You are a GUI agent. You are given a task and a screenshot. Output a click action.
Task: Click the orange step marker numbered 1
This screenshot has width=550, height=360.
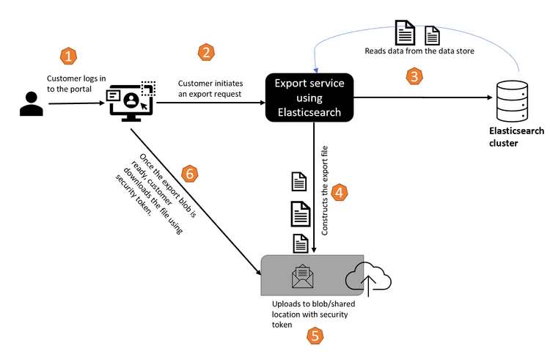(68, 56)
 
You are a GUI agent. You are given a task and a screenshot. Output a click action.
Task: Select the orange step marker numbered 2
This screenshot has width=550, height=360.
(208, 52)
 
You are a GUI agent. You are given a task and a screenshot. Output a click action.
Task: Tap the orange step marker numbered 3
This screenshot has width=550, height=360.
(415, 76)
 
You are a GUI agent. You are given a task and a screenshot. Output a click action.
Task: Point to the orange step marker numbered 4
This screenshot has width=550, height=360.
(340, 193)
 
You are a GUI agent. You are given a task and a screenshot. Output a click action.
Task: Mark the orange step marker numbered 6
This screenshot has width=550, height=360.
(189, 174)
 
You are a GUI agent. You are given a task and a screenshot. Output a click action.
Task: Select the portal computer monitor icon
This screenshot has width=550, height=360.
(131, 102)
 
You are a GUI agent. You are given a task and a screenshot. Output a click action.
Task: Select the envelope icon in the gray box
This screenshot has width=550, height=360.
(303, 276)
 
